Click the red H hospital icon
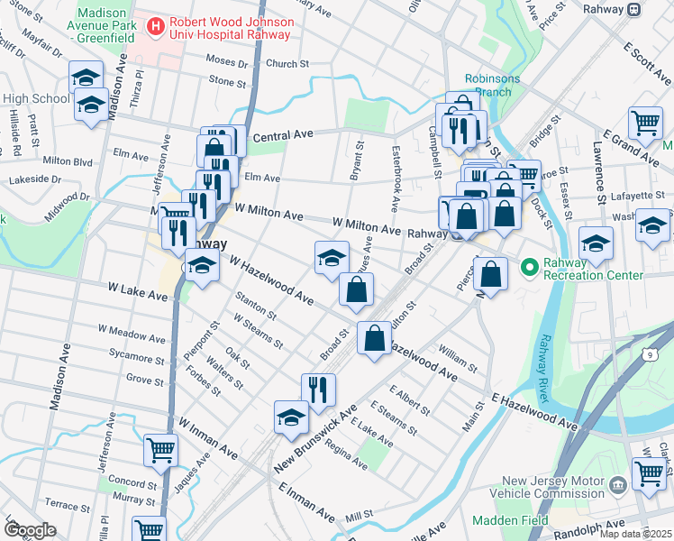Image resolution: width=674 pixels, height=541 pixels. [157, 26]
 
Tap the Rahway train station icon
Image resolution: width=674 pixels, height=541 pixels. [634, 9]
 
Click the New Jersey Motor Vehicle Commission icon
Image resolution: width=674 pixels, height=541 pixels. [618, 486]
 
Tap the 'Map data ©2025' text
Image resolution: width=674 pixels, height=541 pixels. [635, 534]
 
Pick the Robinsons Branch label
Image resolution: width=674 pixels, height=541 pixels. [492, 85]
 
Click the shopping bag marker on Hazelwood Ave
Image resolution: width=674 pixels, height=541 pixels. [374, 339]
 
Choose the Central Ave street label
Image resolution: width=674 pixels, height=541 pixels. [282, 134]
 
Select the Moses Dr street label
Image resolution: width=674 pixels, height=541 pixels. [226, 63]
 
